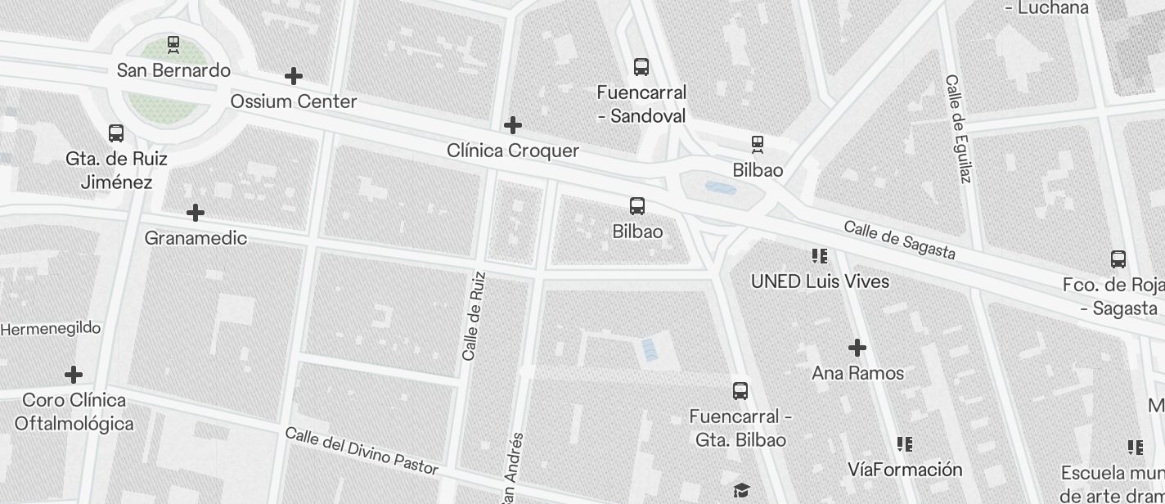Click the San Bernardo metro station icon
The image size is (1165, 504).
(x=173, y=43)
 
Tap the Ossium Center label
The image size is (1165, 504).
(x=294, y=101)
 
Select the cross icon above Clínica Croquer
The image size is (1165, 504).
(x=513, y=125)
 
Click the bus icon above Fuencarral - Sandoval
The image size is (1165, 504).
(x=641, y=67)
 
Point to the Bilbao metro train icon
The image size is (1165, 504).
(x=758, y=145)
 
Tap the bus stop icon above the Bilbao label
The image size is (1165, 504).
(x=637, y=206)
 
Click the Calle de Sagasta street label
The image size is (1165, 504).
(x=899, y=240)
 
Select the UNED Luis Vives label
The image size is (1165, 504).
(x=820, y=281)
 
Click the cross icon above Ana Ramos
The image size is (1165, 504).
(x=857, y=349)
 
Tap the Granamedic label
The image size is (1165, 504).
(x=196, y=238)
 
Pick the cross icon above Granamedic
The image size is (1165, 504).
(x=196, y=213)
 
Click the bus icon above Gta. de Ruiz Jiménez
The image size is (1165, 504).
(x=116, y=133)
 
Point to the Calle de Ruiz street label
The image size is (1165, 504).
(x=474, y=316)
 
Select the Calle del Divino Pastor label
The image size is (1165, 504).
(x=362, y=451)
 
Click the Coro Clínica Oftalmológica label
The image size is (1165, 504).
(x=74, y=412)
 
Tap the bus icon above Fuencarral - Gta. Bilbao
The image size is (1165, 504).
(x=740, y=391)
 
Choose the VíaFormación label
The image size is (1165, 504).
(x=905, y=470)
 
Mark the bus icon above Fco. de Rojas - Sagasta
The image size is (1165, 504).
(x=1118, y=259)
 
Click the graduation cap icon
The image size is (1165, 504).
(x=741, y=490)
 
